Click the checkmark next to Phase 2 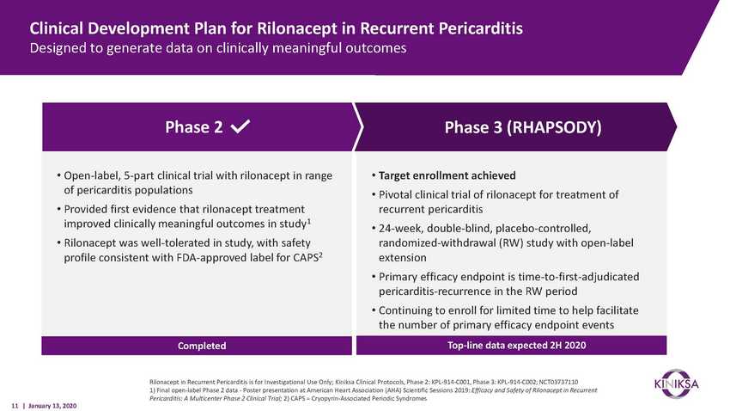(x=240, y=126)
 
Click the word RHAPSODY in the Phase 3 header (x=553, y=127)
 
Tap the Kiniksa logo (x=677, y=384)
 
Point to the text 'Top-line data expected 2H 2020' (x=516, y=346)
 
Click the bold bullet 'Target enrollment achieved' (x=447, y=175)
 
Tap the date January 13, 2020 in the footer (x=52, y=406)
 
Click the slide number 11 (x=15, y=406)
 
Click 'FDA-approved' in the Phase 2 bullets (x=215, y=258)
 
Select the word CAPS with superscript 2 (x=307, y=257)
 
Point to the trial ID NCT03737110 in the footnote (x=558, y=382)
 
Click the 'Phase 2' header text (x=194, y=126)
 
